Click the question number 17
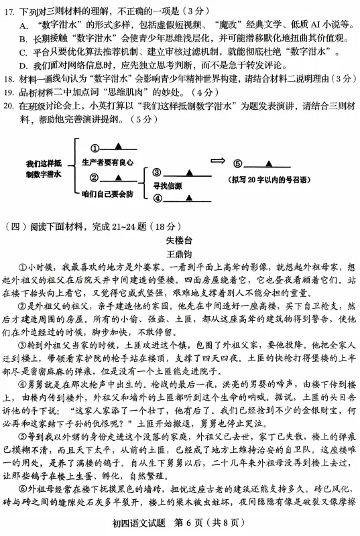pyautogui.click(x=10, y=11)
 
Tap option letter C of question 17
pyautogui.click(x=24, y=52)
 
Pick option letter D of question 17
pyautogui.click(x=24, y=65)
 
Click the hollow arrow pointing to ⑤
pyautogui.click(x=219, y=161)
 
